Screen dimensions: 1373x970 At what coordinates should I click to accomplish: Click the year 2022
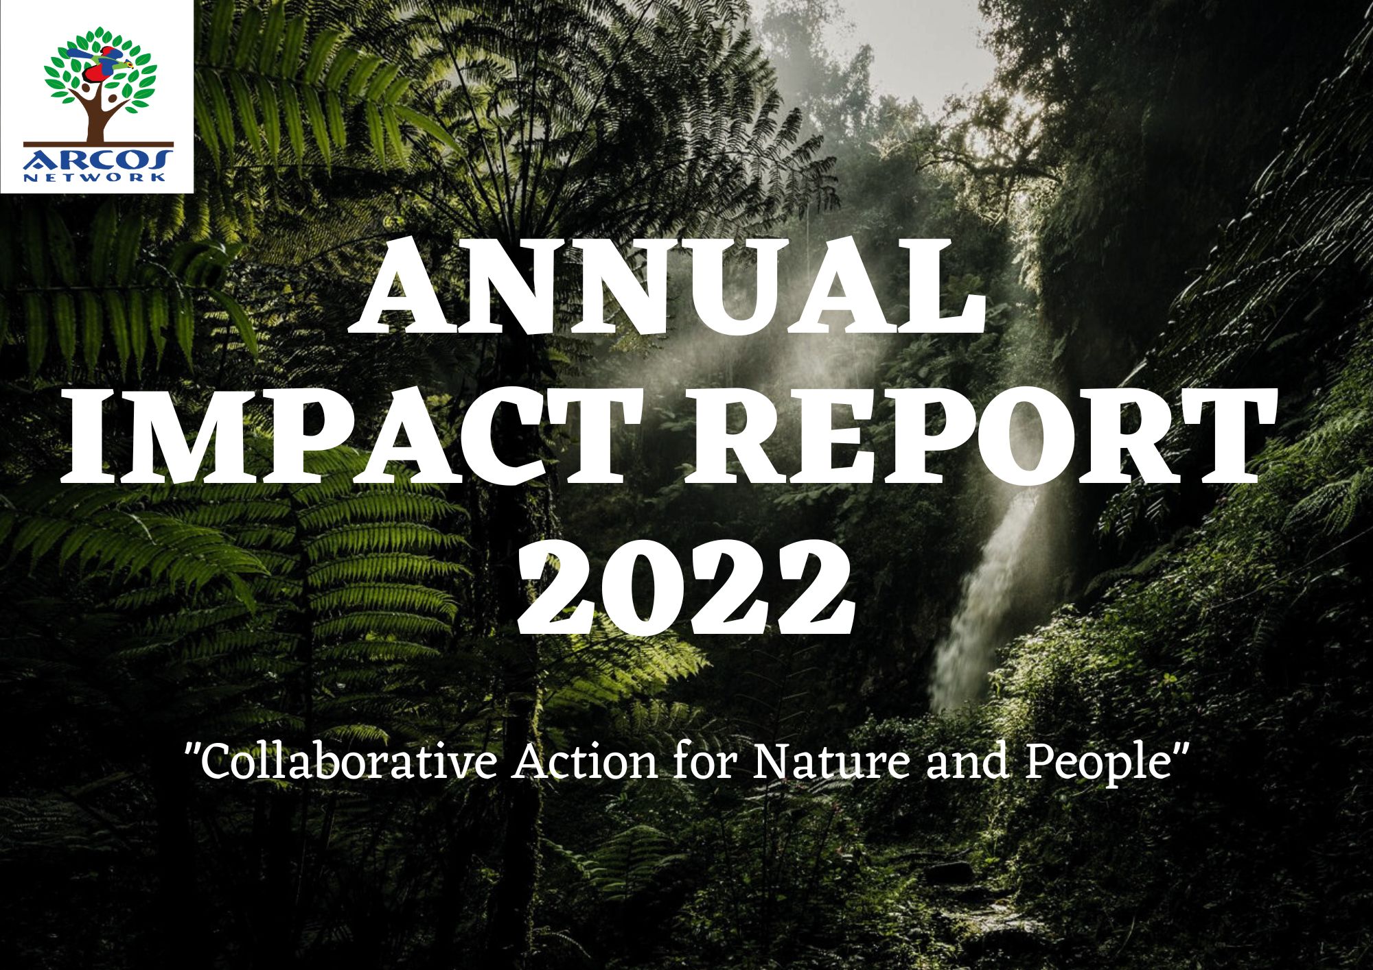(686, 587)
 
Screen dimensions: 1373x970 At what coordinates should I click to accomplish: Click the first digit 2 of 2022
(559, 587)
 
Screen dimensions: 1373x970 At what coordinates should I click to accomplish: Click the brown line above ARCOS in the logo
(98, 145)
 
